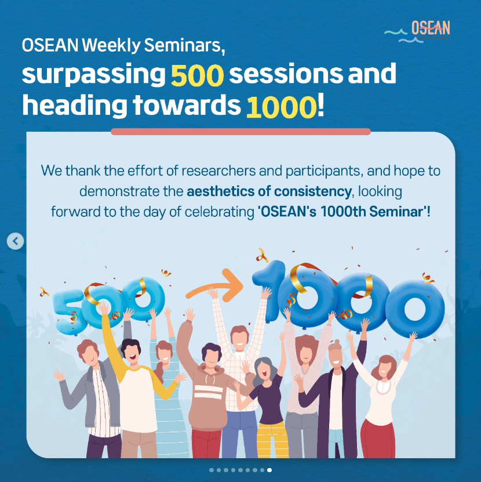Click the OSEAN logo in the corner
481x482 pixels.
[417, 31]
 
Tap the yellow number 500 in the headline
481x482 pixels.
[197, 75]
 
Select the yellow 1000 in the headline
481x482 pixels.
[281, 107]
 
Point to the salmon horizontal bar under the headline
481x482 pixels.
[241, 132]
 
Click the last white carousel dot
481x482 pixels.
[269, 470]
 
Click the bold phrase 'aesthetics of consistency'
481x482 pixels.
[269, 191]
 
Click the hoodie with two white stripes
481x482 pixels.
[208, 397]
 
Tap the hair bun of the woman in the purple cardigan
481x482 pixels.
[336, 342]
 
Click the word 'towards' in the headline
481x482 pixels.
[187, 106]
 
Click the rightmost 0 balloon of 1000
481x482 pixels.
[415, 309]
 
